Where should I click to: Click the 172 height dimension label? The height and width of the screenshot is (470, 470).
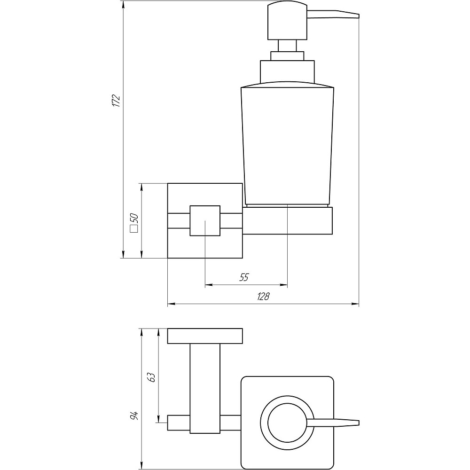pos(116,101)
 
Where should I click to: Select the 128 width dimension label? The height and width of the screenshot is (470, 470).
pos(264,297)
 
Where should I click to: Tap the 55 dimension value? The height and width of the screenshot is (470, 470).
pos(244,277)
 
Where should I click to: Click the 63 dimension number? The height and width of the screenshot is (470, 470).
pos(152,377)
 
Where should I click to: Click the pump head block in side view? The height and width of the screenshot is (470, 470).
pos(288,21)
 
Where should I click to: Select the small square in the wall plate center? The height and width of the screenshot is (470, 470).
pos(205,220)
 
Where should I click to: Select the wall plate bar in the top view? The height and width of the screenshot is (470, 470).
pos(205,337)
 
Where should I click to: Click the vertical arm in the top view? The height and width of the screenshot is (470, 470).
pos(205,389)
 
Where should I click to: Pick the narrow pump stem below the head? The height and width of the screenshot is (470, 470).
pos(288,46)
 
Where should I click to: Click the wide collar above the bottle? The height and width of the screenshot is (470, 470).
pos(288,72)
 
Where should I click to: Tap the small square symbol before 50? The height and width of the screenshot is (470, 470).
pos(134,229)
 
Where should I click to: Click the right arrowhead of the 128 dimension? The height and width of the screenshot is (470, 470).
pos(355,304)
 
